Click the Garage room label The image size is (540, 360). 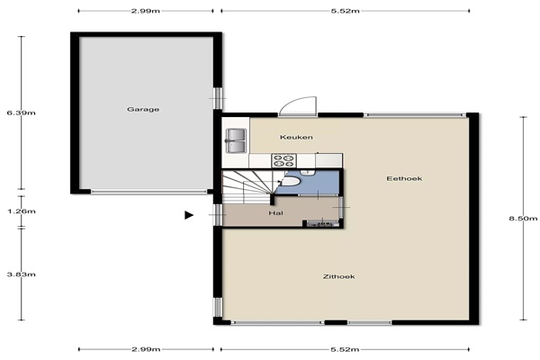143,110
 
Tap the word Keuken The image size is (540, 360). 296,138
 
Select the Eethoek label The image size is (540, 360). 404,178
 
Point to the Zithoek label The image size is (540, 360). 339,276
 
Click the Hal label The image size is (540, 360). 276,213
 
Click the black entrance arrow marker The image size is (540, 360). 189,215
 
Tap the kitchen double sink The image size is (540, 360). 236,140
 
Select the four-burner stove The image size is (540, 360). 283,160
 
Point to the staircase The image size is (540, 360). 248,186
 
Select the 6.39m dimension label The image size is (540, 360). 21,112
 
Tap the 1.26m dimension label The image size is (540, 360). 22,211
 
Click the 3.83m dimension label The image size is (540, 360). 22,274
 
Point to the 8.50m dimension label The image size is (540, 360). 523,218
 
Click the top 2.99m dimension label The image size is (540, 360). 146,11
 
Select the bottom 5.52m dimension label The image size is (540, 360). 345,349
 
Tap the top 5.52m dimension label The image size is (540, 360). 345,11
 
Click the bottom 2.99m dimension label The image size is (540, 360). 146,349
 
